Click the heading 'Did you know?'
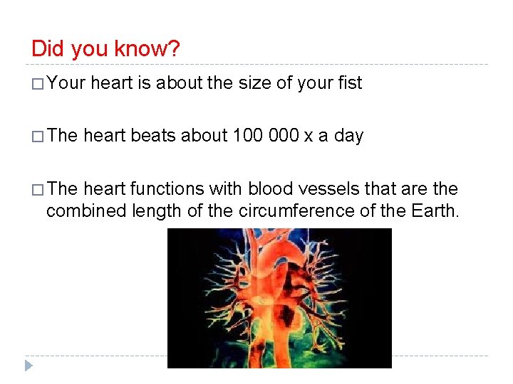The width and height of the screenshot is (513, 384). (105, 49)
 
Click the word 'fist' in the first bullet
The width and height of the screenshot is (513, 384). (350, 83)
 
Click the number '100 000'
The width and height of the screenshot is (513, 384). (266, 136)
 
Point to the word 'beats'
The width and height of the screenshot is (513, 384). (154, 136)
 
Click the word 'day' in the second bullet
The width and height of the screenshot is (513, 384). (348, 136)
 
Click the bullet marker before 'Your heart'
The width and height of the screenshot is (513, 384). (37, 84)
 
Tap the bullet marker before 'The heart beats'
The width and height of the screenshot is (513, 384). (37, 137)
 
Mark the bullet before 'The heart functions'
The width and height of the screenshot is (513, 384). (37, 190)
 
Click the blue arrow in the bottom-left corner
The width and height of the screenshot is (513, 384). (28, 366)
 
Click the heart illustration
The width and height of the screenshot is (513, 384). (279, 298)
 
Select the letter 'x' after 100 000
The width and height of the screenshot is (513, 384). (309, 137)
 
